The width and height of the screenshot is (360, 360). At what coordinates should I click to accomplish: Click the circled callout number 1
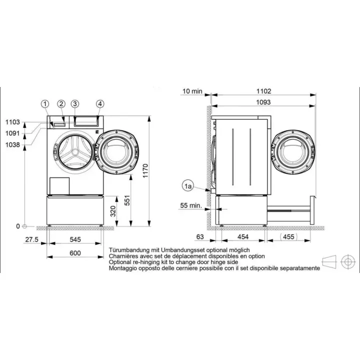click(45, 104)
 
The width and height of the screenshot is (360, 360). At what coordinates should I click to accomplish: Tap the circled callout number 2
click(61, 104)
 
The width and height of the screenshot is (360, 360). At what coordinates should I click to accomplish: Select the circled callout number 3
click(75, 104)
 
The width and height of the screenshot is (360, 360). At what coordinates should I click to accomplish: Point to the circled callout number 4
click(100, 104)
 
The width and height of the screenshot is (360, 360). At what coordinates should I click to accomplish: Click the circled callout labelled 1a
click(188, 186)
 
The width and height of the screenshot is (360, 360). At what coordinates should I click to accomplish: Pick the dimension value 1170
click(145, 171)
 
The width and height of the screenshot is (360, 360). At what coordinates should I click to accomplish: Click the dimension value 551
click(127, 200)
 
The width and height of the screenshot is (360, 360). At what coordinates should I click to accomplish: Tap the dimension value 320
click(113, 211)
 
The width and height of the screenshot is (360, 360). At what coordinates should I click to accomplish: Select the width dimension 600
click(75, 253)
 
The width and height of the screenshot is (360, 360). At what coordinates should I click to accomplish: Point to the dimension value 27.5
click(32, 239)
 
